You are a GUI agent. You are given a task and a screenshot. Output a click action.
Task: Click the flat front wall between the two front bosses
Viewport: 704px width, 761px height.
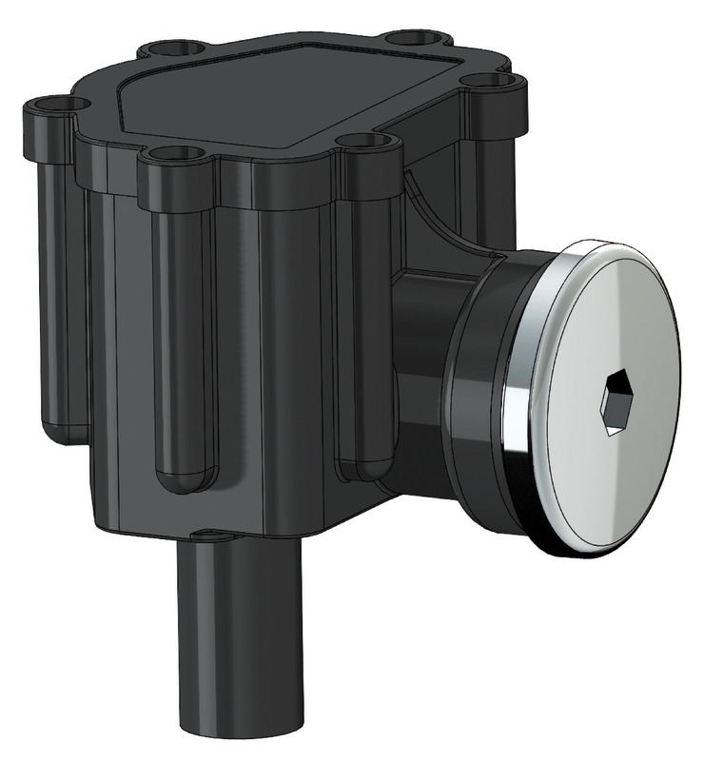(x=276, y=361)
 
